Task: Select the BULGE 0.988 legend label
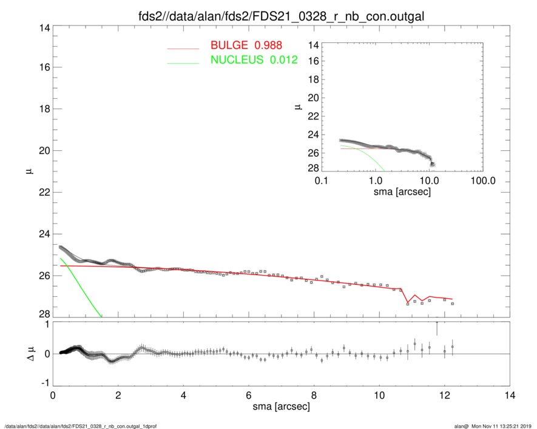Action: (246, 45)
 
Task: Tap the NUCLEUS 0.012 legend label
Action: (254, 59)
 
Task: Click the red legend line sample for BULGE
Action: (183, 47)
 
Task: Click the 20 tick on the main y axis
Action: (43, 150)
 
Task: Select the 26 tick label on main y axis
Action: (43, 276)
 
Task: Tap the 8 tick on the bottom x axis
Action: (314, 395)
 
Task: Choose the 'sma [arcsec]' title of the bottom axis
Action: (281, 406)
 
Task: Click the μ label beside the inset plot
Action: (297, 108)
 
